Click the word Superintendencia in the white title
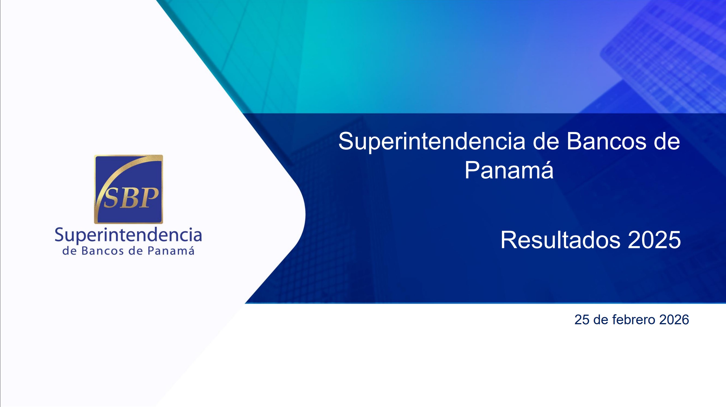[x=432, y=142]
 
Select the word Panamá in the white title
[x=509, y=170]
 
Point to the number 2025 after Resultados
[x=654, y=240]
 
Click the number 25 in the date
[x=582, y=320]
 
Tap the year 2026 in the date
[x=674, y=320]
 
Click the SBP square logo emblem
[x=128, y=189]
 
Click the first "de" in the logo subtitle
[x=69, y=251]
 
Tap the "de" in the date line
[x=601, y=320]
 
